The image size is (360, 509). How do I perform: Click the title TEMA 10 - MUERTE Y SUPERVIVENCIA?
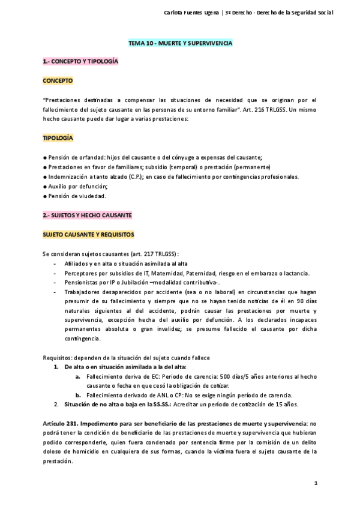click(x=180, y=44)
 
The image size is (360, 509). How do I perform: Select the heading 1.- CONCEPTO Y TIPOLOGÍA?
click(x=80, y=61)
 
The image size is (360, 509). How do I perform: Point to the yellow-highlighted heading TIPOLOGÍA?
click(x=58, y=137)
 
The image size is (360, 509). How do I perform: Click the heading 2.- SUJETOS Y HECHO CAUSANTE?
click(x=88, y=214)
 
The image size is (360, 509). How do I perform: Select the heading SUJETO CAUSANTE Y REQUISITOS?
click(x=88, y=233)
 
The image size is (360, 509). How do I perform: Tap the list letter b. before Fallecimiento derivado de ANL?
click(x=78, y=395)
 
